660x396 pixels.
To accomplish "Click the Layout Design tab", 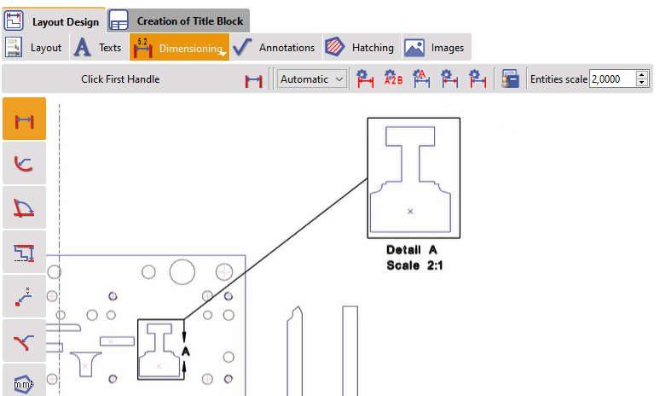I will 54,20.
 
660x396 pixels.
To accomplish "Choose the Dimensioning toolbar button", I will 179,48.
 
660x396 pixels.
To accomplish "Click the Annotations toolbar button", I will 275,48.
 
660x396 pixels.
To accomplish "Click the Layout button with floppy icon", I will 35,48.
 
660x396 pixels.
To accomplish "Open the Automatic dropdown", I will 312,79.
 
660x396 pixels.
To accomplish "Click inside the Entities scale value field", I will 608,79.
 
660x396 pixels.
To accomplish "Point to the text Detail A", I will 411,250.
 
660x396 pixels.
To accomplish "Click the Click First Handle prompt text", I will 120,79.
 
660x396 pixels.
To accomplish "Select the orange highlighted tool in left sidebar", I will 25,119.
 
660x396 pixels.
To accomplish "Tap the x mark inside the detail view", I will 410,211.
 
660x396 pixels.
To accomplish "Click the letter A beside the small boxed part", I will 185,350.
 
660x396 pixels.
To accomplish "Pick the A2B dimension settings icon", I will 393,79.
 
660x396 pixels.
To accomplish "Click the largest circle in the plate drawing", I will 182,271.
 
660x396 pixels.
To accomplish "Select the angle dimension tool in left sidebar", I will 25,208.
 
